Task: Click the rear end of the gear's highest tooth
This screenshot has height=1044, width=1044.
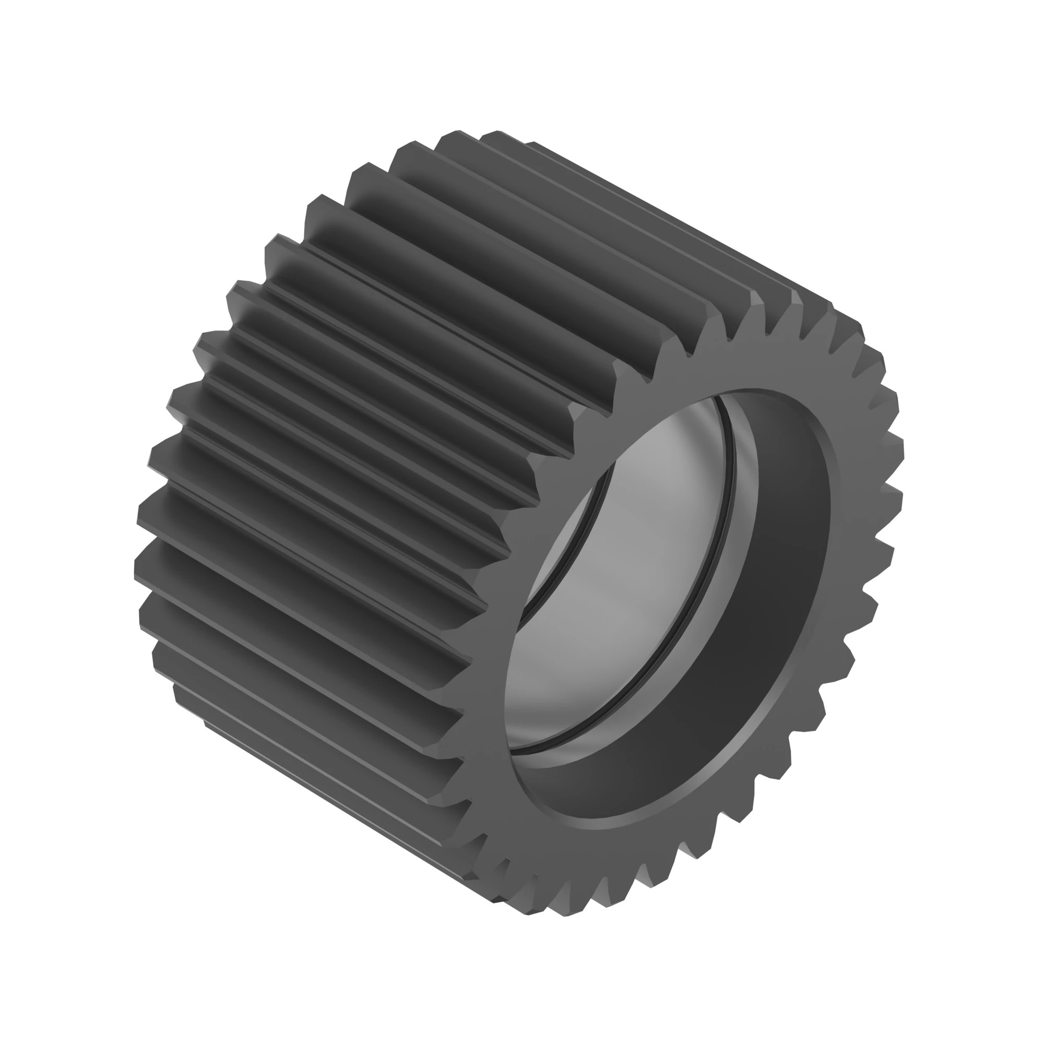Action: (x=459, y=133)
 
